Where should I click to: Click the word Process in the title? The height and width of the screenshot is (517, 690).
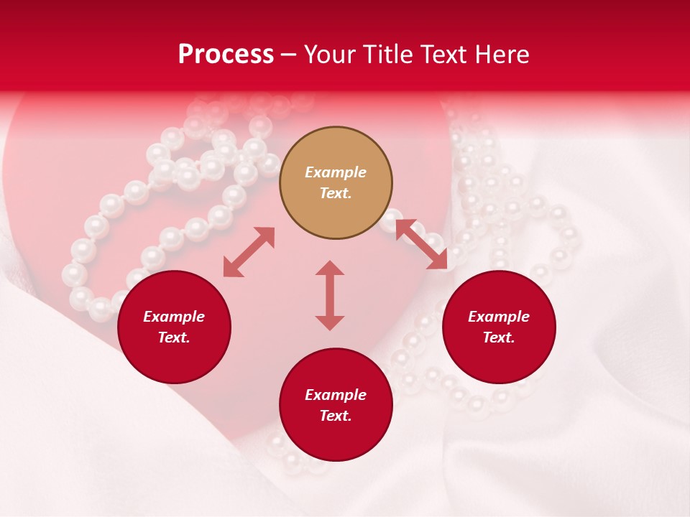226,55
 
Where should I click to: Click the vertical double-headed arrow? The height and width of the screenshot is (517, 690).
330,295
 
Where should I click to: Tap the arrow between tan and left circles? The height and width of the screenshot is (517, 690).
249,252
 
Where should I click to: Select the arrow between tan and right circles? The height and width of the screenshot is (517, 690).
421,244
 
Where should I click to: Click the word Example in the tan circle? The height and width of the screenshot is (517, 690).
336,172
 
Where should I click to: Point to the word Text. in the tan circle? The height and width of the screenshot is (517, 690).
336,193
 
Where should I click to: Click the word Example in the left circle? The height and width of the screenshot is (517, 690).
174,317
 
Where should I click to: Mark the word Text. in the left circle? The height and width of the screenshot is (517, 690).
174,337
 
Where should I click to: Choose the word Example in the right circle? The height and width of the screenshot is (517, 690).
499,317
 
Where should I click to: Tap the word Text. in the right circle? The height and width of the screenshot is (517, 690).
499,337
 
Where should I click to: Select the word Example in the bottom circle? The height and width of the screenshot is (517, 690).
336,395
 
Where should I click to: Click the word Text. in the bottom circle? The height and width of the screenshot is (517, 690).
336,416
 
